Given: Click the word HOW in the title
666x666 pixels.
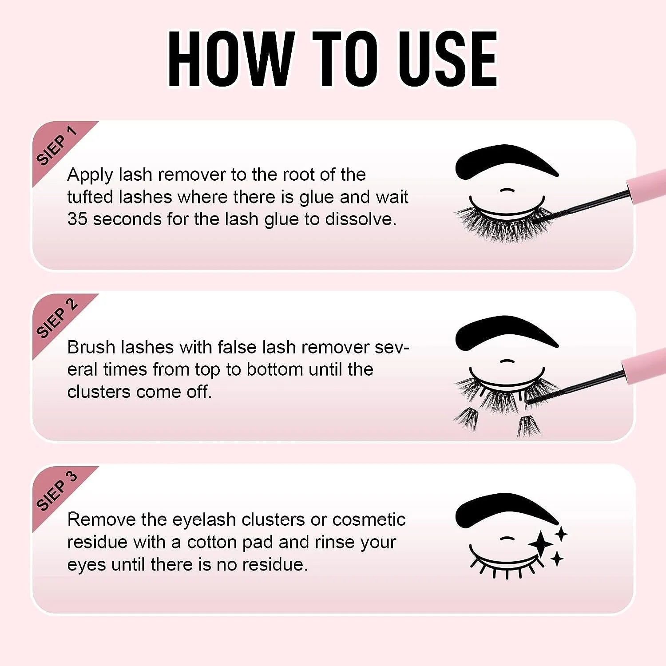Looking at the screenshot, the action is [x=231, y=59].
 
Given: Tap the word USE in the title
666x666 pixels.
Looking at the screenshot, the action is [x=448, y=59].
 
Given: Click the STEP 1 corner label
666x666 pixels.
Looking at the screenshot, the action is [x=56, y=146].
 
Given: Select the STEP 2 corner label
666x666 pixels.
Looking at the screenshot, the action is [x=56, y=318].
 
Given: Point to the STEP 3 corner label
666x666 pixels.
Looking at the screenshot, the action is [x=56, y=491].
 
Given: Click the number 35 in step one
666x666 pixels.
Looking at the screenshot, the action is [x=77, y=219].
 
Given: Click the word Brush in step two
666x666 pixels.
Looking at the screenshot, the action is [x=91, y=347].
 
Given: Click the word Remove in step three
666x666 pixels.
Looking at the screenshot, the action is [x=101, y=519].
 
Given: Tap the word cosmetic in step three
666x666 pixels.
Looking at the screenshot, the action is [x=369, y=519].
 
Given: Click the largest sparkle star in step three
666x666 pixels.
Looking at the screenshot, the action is [x=541, y=544].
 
